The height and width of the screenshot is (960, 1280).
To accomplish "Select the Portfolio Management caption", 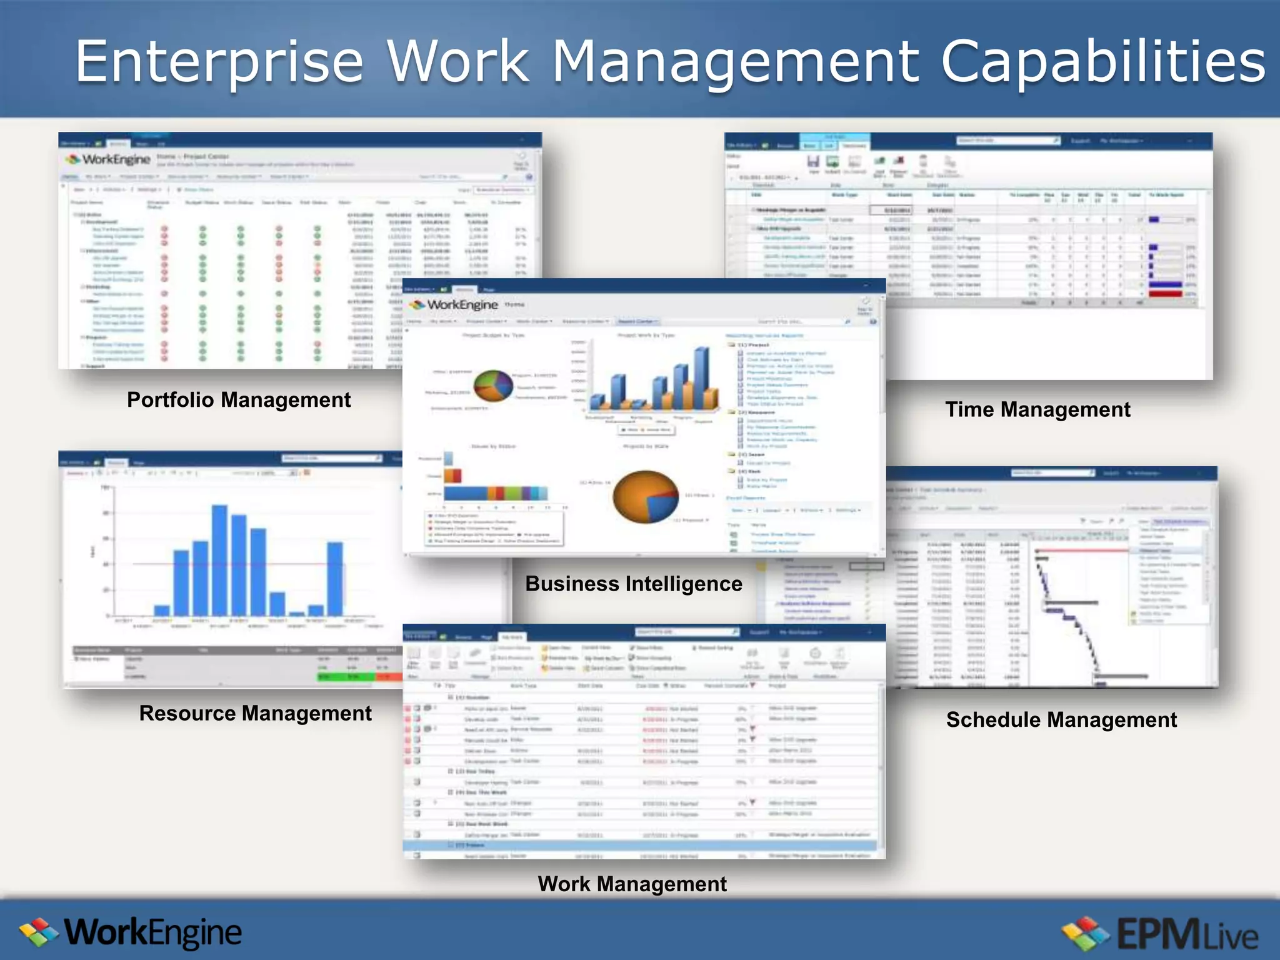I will pos(239,400).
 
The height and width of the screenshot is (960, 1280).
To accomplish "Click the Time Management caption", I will pos(1037,410).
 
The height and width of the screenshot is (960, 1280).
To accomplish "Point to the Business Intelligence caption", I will pos(634,584).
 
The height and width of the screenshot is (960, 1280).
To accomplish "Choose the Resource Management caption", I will pos(255,713).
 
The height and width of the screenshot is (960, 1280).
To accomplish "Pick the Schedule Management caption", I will pos(1061,720).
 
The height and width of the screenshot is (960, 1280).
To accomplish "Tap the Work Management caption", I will pos(632,884).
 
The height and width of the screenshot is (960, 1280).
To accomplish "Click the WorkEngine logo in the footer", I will pos(131,933).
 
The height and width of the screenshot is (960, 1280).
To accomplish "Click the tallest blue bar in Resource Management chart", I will pos(219,559).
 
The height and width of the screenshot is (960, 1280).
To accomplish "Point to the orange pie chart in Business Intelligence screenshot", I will pos(646,497).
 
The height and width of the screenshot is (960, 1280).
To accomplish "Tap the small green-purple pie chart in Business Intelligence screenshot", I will pos(493,386).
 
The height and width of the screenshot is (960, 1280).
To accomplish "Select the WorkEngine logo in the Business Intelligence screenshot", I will pos(454,305).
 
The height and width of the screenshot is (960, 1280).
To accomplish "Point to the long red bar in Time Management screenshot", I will pos(1166,285).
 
